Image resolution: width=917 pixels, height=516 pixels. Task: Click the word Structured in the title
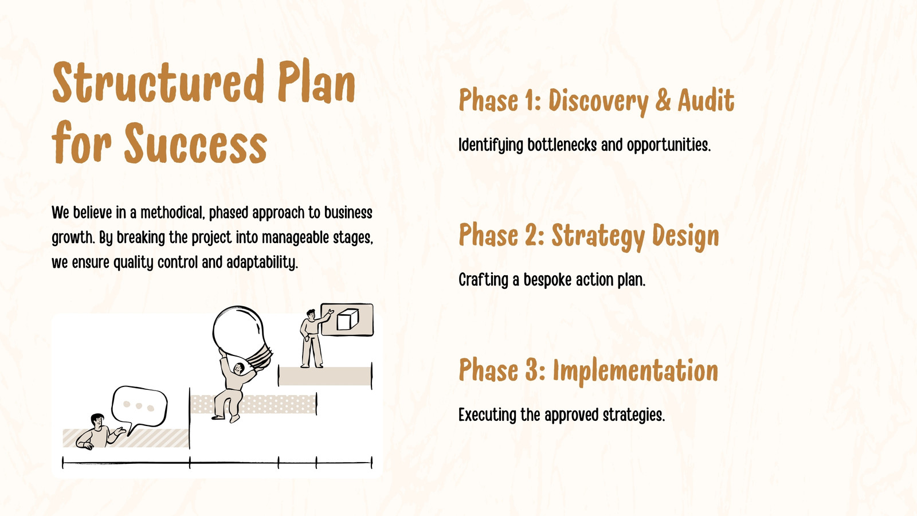157,82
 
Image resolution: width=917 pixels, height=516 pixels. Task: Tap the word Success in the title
195,143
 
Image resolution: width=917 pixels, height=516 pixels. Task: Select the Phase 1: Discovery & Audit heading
597,101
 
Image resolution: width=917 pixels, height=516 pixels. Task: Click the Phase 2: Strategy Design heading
589,236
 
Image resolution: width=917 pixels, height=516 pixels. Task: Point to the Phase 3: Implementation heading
588,371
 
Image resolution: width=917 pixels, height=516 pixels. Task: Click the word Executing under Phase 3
488,415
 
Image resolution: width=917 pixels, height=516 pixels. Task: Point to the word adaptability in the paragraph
262,263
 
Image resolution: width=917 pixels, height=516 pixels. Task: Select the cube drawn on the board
347,320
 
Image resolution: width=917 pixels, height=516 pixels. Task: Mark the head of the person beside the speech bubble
97,421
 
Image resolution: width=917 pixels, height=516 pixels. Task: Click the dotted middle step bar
253,404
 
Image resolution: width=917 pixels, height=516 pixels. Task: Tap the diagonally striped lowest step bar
126,438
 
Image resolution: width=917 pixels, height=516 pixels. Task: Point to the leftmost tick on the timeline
62,463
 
